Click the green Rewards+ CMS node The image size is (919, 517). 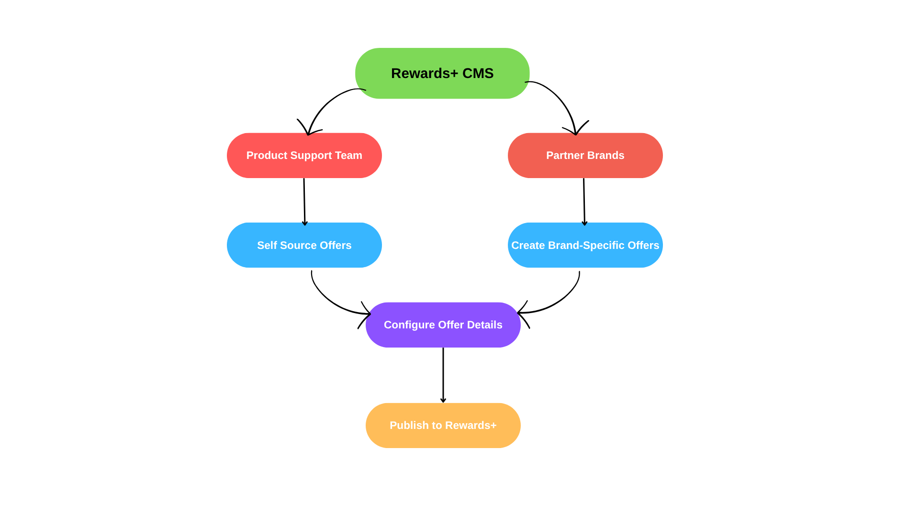tap(442, 73)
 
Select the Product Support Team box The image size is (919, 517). tap(304, 156)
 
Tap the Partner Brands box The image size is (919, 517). tap(585, 156)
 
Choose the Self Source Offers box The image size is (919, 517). tap(304, 245)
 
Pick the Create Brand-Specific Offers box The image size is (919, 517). tap(585, 245)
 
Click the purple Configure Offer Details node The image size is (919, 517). tap(443, 325)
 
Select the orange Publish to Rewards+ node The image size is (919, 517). tap(443, 426)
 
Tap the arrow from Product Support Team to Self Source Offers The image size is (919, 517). tap(304, 202)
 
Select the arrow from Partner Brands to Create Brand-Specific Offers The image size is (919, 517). tap(584, 202)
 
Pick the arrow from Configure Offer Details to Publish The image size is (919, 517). tap(443, 375)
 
